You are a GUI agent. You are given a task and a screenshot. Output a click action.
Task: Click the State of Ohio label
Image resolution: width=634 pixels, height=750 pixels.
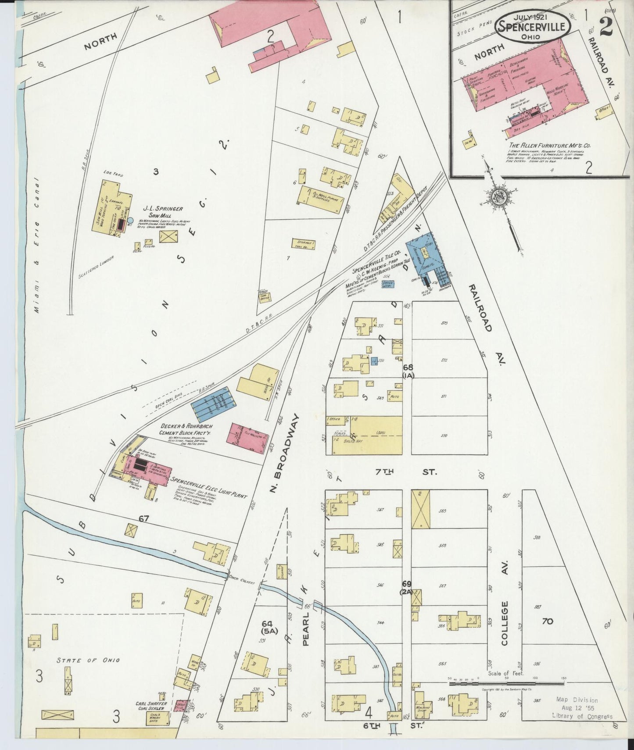tap(88, 660)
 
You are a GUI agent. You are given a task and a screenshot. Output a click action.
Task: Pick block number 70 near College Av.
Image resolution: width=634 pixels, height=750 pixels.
tap(547, 621)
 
